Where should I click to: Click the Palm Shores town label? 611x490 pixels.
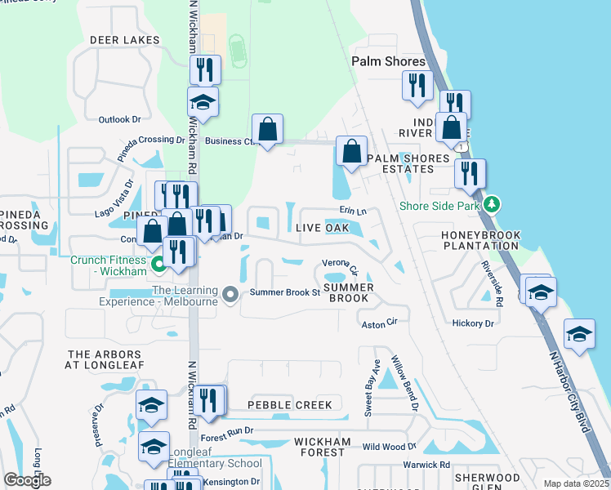coord(388,61)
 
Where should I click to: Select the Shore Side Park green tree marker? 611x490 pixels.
coord(491,203)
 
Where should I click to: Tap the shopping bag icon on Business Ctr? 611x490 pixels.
coord(267,128)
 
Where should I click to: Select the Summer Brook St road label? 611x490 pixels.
coord(284,292)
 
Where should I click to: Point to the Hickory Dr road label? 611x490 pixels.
coord(473,323)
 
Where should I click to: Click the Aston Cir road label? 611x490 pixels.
coord(379,324)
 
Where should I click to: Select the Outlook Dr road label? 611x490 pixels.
coord(120,119)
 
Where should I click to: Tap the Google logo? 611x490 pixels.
coord(27,480)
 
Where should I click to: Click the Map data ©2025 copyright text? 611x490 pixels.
coord(575,483)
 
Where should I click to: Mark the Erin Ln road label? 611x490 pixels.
coord(353,211)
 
